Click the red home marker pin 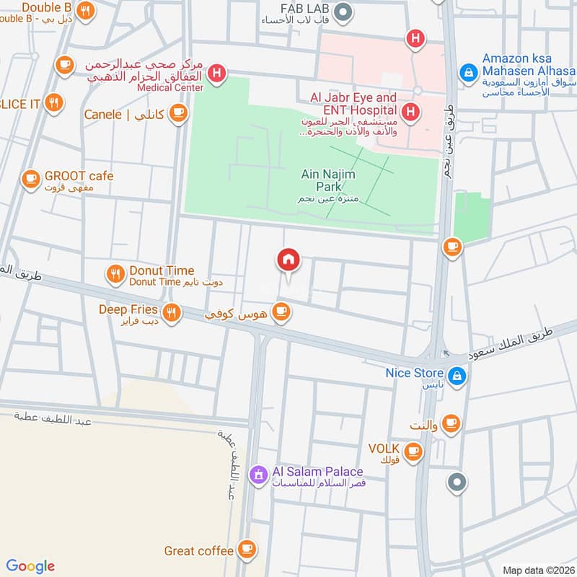(288, 260)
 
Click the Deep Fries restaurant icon (171, 312)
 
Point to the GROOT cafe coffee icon (30, 177)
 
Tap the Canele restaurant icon (178, 114)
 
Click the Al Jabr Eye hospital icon (410, 111)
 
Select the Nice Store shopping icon (456, 376)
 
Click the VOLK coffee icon (413, 452)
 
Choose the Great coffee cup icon (247, 550)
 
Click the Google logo (30, 566)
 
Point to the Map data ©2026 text (537, 570)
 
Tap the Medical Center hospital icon (215, 73)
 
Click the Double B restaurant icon (86, 11)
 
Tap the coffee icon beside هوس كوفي (281, 312)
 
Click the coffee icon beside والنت (451, 423)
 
